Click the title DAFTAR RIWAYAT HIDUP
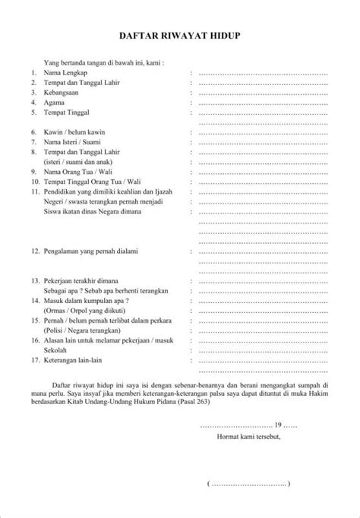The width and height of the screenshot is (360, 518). point(180,36)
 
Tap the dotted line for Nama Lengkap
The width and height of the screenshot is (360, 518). point(262,74)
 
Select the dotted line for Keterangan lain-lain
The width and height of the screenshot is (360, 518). point(262,360)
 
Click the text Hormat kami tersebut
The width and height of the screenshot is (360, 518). point(248,437)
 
